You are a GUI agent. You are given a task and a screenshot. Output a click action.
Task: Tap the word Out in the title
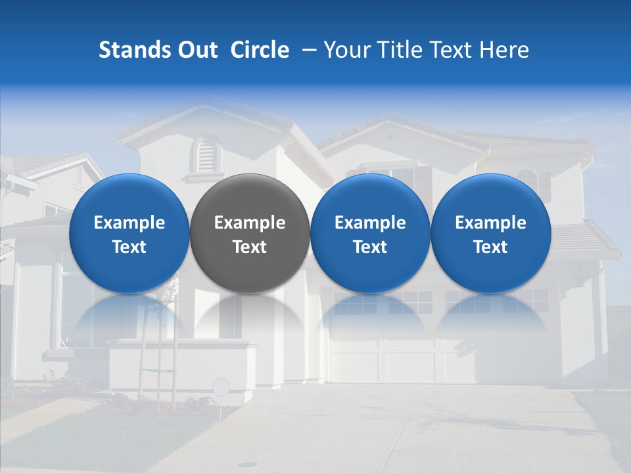[197, 50]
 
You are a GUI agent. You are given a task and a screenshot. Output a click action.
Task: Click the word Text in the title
[452, 50]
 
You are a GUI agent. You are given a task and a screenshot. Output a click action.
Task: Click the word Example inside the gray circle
[250, 223]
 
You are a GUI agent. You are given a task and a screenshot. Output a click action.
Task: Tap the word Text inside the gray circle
[250, 247]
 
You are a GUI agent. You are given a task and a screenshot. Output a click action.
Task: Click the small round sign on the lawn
[222, 386]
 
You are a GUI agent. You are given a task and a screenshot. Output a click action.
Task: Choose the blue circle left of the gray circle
[129, 233]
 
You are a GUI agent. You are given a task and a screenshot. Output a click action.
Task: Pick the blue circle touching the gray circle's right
[370, 233]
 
